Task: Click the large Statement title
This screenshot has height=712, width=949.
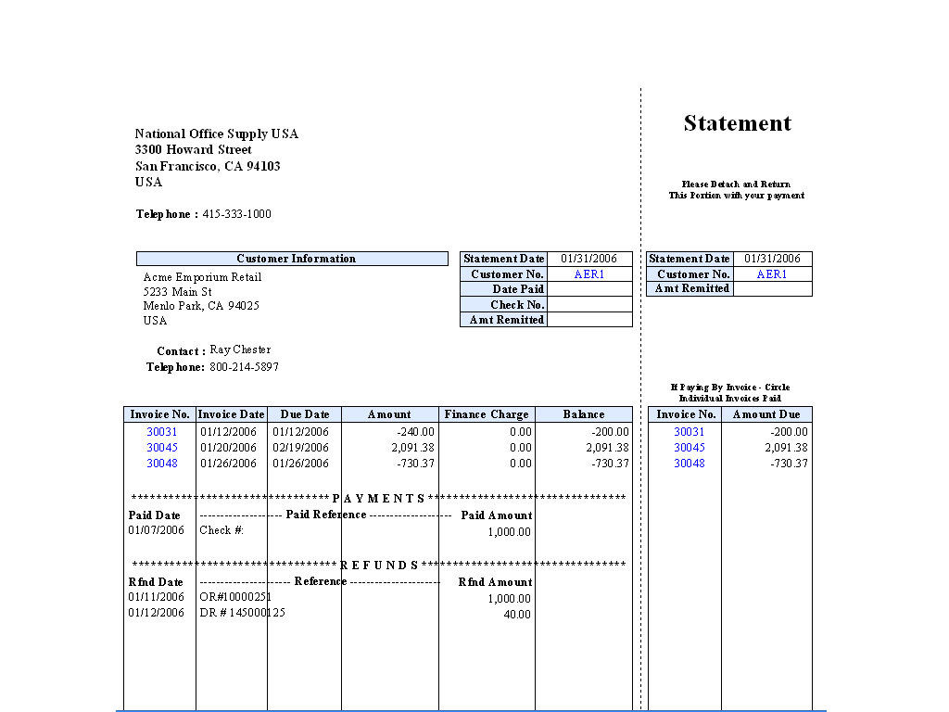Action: tap(738, 123)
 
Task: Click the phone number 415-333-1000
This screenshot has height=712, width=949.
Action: tap(236, 214)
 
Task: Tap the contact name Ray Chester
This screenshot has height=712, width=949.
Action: tap(240, 350)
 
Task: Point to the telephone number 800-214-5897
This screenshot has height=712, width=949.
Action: tap(244, 367)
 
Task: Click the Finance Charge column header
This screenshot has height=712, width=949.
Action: tap(487, 414)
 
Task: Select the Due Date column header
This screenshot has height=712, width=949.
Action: tap(304, 414)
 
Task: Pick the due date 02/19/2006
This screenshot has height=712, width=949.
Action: tap(300, 447)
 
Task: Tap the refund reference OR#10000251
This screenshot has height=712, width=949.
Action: tap(235, 597)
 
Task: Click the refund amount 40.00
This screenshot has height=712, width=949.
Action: tap(517, 614)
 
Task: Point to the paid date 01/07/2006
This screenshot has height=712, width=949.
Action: tap(157, 530)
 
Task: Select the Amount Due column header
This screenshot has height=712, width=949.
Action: tap(766, 414)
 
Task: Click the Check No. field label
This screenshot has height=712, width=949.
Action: tap(517, 305)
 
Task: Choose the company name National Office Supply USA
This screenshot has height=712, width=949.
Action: tap(217, 133)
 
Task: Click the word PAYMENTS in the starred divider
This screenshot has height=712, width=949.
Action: tap(378, 499)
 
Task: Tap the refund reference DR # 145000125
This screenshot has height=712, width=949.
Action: tap(242, 613)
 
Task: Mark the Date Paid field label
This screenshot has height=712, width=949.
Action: tap(518, 289)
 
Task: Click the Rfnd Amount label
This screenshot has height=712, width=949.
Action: tap(495, 582)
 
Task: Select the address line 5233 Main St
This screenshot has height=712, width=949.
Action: tap(177, 292)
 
